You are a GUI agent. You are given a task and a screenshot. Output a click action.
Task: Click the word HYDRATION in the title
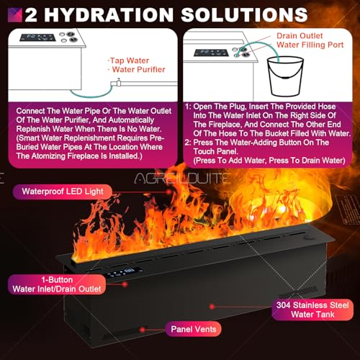(109, 15)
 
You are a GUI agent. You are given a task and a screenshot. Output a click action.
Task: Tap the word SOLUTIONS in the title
(244, 15)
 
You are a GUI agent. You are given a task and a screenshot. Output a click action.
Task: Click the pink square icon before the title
(15, 15)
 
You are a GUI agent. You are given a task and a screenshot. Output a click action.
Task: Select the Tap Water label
(130, 60)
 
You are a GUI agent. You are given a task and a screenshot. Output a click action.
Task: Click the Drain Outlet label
(300, 36)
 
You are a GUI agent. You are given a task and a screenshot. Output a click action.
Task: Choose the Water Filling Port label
(310, 45)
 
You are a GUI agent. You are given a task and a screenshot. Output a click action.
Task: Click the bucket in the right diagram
(286, 76)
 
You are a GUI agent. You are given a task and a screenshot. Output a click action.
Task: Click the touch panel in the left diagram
(37, 37)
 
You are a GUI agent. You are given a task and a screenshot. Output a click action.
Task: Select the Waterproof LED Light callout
(63, 192)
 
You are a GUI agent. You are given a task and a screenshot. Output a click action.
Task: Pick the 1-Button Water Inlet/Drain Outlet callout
(57, 284)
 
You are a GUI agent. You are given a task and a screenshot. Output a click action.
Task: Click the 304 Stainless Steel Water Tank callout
(312, 310)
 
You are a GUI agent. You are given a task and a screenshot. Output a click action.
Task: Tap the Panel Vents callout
(194, 329)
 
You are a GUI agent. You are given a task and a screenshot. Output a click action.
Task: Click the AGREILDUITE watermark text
(181, 179)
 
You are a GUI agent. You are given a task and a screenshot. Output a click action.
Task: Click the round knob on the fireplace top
(307, 238)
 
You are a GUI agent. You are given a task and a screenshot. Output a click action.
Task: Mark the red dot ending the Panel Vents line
(143, 330)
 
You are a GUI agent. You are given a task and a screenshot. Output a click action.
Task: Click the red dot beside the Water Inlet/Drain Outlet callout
(125, 284)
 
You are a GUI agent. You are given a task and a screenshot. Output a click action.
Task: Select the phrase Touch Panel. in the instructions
(215, 151)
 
